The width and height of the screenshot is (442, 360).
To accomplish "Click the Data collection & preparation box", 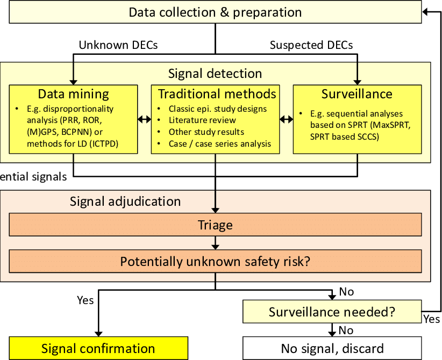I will (215, 12).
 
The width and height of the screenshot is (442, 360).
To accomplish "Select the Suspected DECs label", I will (311, 45).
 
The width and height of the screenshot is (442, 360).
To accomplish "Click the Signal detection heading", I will (215, 74).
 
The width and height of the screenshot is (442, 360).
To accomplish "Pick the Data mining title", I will (73, 94).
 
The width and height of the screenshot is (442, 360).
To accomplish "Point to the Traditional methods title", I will (217, 94).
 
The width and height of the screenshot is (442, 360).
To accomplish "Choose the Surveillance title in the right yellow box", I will (357, 94).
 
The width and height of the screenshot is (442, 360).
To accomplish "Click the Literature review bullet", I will (198, 120).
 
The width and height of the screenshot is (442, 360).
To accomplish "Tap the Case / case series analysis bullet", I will (219, 143).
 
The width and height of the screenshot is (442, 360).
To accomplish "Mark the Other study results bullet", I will (206, 132).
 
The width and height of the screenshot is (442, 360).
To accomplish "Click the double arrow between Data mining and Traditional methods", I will (144, 119).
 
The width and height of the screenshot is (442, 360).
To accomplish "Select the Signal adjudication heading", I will (125, 202).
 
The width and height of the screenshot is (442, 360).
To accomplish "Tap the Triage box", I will (215, 225).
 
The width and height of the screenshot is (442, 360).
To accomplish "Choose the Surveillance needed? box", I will (332, 312).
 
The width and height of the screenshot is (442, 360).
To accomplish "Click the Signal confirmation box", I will (98, 348).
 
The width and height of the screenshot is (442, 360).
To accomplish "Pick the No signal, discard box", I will (332, 348).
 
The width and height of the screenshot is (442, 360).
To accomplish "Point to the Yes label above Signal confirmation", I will (85, 300).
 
